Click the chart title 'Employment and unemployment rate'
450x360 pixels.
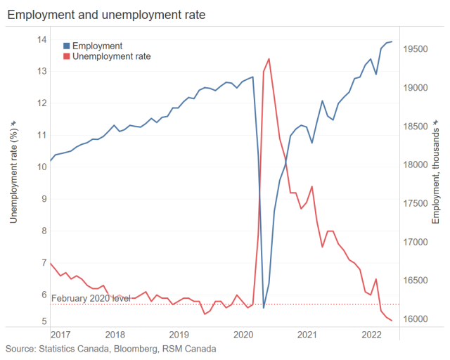pos(106,13)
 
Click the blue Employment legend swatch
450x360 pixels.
pos(67,46)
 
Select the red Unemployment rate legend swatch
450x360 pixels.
pos(67,56)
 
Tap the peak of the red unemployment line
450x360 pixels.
pos(269,58)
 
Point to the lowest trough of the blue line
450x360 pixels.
pos(264,307)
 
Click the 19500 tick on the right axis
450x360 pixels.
pos(416,49)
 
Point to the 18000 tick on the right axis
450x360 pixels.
pos(416,165)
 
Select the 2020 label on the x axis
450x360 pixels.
pos(243,335)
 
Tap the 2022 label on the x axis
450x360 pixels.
pos(371,335)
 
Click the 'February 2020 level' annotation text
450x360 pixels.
pos(91,299)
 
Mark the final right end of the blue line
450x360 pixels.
pos(392,41)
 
